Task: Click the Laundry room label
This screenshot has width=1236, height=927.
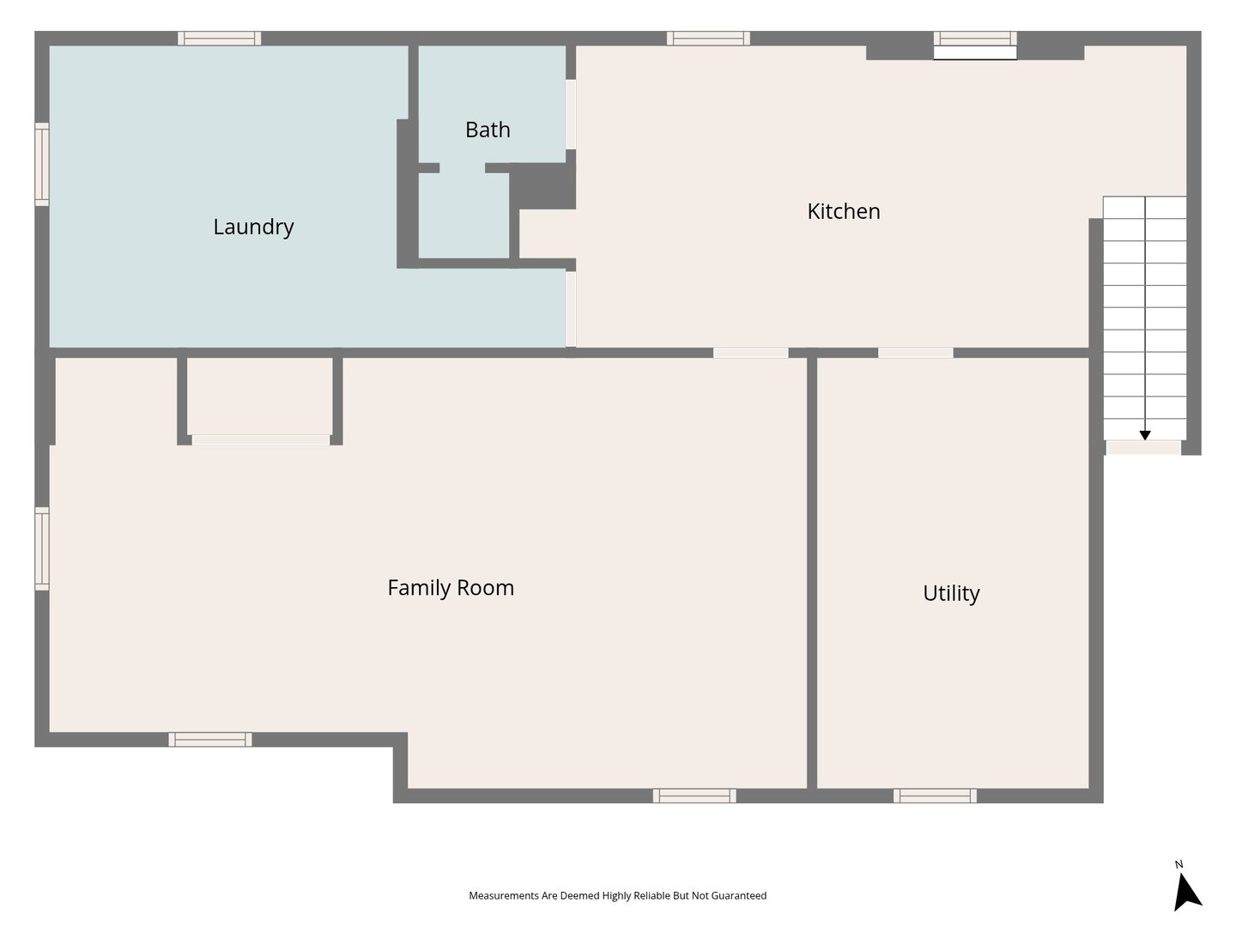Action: pos(253,227)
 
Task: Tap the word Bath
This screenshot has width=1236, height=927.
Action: pos(488,130)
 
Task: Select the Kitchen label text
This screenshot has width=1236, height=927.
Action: pos(843,211)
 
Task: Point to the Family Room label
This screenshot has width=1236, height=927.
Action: pos(451,588)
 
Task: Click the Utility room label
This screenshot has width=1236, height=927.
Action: pos(951,593)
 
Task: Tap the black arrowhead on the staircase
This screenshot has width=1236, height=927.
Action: pos(1145,435)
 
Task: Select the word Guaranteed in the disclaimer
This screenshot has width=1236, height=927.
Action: pos(739,895)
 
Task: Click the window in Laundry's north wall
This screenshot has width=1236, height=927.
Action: pos(220,38)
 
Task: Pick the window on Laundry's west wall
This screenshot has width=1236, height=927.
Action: pos(41,164)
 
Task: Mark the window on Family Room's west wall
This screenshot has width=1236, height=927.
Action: pos(41,548)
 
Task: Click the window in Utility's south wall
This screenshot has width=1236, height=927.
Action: pos(935,796)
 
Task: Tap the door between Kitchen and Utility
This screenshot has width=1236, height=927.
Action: pos(915,353)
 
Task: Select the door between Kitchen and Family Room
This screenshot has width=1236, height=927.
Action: pos(750,353)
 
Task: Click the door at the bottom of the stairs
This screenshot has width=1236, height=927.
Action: pos(1143,447)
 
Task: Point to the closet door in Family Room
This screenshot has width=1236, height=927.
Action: pos(260,440)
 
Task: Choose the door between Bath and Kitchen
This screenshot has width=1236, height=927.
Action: pos(571,114)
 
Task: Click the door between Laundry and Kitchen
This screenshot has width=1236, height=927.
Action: pos(571,308)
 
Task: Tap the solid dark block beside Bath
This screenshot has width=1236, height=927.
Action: pos(542,186)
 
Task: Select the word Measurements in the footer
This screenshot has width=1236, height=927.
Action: pos(504,895)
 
